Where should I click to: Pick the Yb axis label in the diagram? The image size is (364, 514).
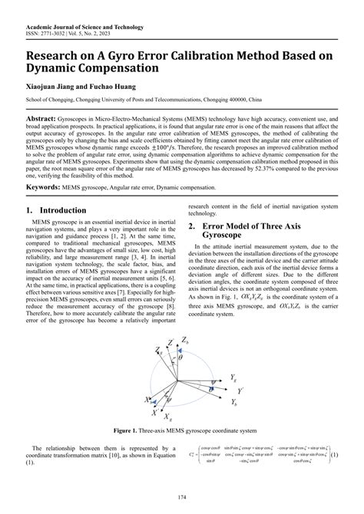[x=233, y=401]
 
